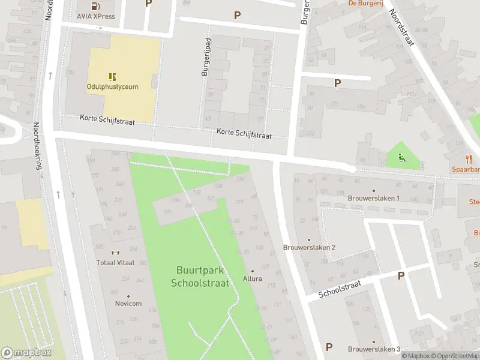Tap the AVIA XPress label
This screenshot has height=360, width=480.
pyautogui.click(x=96, y=16)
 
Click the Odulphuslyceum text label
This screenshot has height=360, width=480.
pyautogui.click(x=112, y=87)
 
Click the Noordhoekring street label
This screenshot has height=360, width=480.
pyautogui.click(x=38, y=146)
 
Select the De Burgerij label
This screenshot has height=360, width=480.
pyautogui.click(x=365, y=3)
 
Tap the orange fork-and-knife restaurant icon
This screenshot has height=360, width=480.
pyautogui.click(x=469, y=159)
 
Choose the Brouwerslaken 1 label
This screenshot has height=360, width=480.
pyautogui.click(x=374, y=198)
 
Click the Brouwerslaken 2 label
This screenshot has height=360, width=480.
pyautogui.click(x=309, y=247)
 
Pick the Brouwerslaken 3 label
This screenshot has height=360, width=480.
pyautogui.click(x=374, y=349)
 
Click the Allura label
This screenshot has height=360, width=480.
pyautogui.click(x=252, y=279)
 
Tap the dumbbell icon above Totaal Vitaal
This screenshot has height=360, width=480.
pyautogui.click(x=115, y=253)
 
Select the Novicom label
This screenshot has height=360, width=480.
pyautogui.click(x=128, y=304)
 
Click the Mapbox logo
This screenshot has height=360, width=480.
pyautogui.click(x=26, y=353)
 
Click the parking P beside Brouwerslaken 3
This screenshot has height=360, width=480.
pyautogui.click(x=329, y=347)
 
